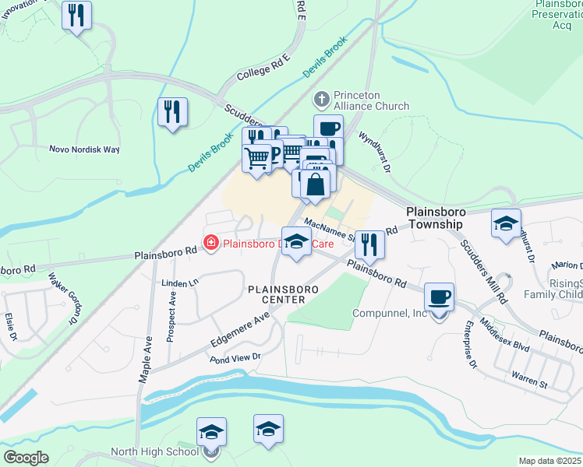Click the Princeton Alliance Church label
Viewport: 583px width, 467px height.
click(371, 100)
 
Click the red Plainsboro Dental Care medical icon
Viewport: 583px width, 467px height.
click(210, 244)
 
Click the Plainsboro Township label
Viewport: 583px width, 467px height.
click(435, 217)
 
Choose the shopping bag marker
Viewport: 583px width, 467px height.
click(316, 185)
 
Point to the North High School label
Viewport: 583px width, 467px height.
click(154, 451)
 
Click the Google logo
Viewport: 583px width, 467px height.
click(26, 458)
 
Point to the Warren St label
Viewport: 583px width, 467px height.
click(530, 383)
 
